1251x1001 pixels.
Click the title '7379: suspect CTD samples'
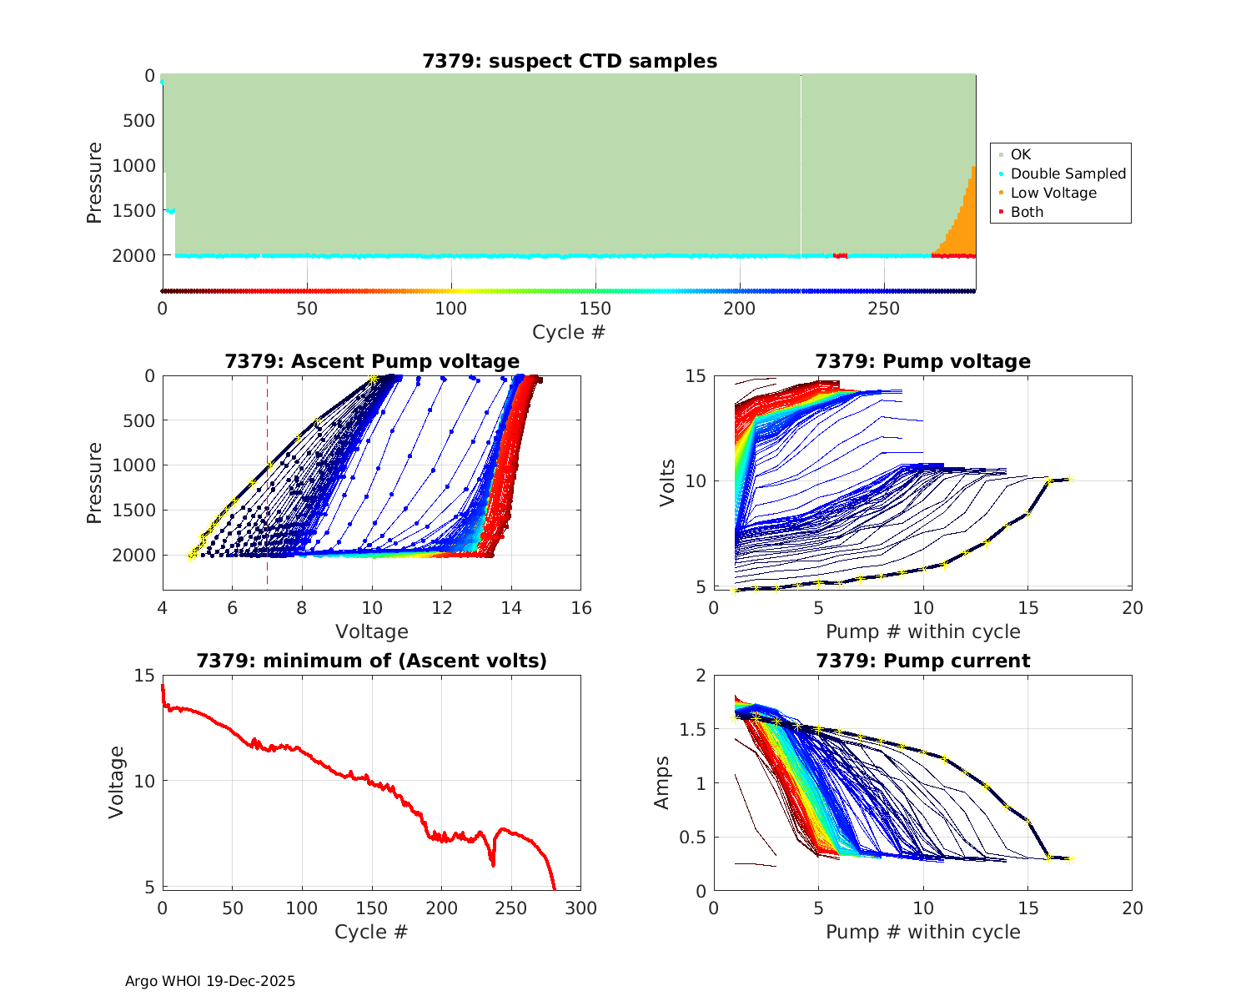pyautogui.click(x=570, y=61)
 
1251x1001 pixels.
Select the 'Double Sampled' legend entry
pyautogui.click(x=1068, y=174)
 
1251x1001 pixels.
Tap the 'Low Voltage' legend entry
pyautogui.click(x=1053, y=193)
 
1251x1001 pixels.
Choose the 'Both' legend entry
pyautogui.click(x=1027, y=212)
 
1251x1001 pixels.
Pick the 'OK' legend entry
pyautogui.click(x=1020, y=154)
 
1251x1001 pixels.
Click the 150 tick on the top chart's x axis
pyautogui.click(x=595, y=309)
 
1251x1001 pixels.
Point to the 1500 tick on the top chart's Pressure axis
pyautogui.click(x=134, y=210)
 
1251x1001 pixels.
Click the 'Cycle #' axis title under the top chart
pyautogui.click(x=569, y=332)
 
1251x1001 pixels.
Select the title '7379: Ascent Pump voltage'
pyautogui.click(x=372, y=361)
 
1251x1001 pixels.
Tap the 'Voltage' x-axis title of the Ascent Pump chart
pyautogui.click(x=372, y=631)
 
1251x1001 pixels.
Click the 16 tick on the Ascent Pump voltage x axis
pyautogui.click(x=581, y=608)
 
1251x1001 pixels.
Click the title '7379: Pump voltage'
pyautogui.click(x=922, y=361)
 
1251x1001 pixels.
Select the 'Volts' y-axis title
pyautogui.click(x=667, y=481)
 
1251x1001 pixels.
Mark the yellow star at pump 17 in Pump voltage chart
pyautogui.click(x=1070, y=480)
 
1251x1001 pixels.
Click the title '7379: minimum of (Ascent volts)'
pyautogui.click(x=372, y=661)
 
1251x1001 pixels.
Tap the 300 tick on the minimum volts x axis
pyautogui.click(x=581, y=908)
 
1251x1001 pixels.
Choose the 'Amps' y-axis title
pyautogui.click(x=663, y=782)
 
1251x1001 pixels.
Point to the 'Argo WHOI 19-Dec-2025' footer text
pyautogui.click(x=210, y=981)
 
